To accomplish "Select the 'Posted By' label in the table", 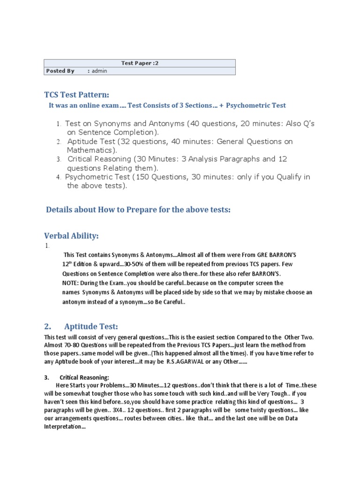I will coord(60,71).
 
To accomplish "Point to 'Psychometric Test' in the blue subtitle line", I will coord(255,105).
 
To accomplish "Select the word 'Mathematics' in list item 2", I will coord(90,150).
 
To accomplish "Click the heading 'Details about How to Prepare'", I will coord(138,210).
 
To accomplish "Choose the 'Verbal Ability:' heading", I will coord(71,236).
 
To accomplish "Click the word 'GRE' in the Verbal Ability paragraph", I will coord(257,255).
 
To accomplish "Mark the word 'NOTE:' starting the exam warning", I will coord(70,283).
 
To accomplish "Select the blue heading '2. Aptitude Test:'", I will coord(81,326).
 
